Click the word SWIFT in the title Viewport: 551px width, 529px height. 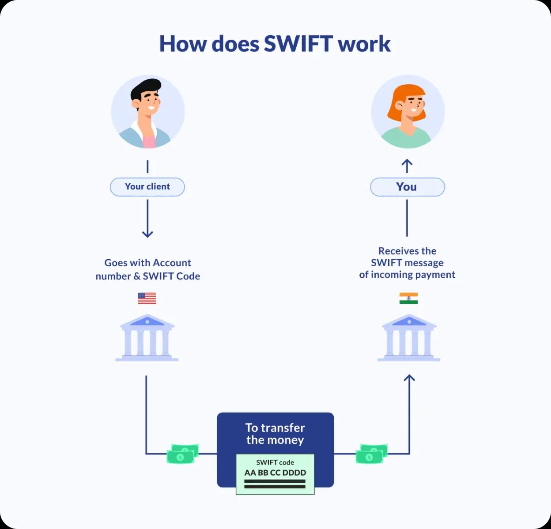click(x=298, y=44)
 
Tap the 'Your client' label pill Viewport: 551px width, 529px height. click(x=147, y=187)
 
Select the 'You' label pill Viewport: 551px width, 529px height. click(x=407, y=187)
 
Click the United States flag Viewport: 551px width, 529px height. click(x=147, y=298)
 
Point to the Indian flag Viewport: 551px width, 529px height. click(x=408, y=298)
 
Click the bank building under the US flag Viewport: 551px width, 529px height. click(x=147, y=338)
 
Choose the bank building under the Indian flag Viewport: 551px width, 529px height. click(x=409, y=338)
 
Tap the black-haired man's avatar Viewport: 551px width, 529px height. click(x=148, y=112)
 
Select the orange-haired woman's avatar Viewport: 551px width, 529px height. click(x=408, y=112)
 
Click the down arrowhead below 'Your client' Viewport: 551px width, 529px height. click(x=147, y=234)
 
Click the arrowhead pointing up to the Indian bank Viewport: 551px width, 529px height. click(x=409, y=378)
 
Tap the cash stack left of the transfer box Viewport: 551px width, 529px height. click(x=182, y=454)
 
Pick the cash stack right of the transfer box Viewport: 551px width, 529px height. click(x=372, y=454)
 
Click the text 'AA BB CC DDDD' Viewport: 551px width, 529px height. click(x=275, y=473)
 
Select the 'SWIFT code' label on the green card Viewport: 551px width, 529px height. click(x=275, y=462)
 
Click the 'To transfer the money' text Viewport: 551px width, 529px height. click(x=275, y=434)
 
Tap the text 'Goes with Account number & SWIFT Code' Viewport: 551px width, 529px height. click(x=148, y=269)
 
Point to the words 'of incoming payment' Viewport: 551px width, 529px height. click(x=407, y=275)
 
